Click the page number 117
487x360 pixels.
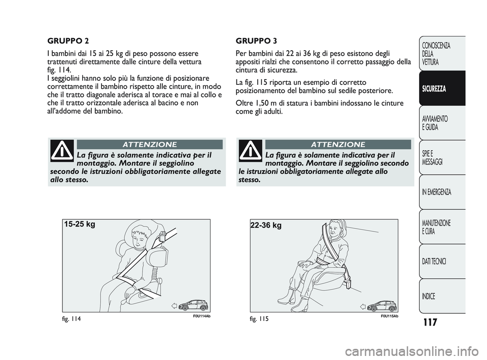click(x=430, y=322)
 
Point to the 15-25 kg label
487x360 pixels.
click(x=80, y=224)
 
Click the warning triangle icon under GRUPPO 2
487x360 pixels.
click(x=62, y=151)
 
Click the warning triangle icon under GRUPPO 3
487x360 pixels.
click(x=251, y=151)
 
